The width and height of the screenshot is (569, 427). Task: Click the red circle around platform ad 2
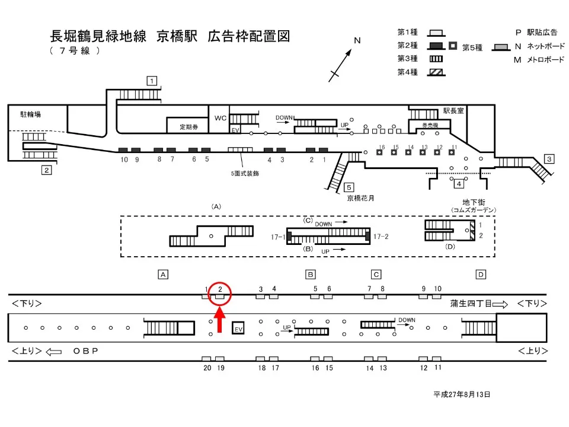[x=220, y=292]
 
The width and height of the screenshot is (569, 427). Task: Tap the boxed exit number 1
[x=152, y=81]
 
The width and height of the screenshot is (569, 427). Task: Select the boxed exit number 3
[x=549, y=158]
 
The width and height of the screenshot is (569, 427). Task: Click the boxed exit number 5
[x=349, y=187]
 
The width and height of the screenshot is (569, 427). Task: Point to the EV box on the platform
[x=238, y=329]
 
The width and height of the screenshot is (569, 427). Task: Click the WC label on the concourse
[x=220, y=118]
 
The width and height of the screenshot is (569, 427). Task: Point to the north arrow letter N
[x=357, y=41]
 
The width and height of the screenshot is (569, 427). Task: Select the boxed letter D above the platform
[x=481, y=274]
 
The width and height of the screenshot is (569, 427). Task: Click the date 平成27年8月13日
[x=462, y=394]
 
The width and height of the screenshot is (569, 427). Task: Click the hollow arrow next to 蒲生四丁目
[x=500, y=304]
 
